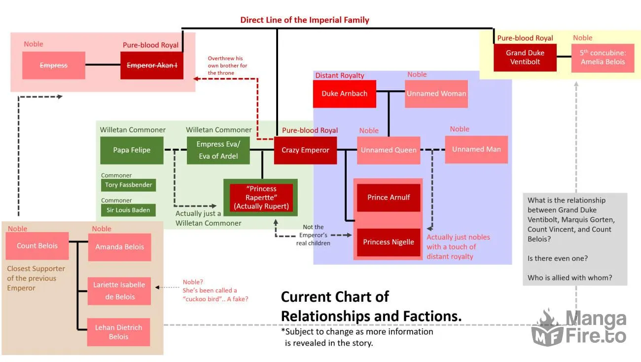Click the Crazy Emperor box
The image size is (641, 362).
[x=305, y=150]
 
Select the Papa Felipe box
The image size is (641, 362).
[x=132, y=150]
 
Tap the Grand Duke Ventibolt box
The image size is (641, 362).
[x=525, y=57]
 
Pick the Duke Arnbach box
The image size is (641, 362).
[x=345, y=94]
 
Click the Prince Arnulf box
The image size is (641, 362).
[x=389, y=198]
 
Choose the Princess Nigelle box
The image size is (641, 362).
[x=389, y=242]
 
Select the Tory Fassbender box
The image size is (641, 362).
[x=129, y=185]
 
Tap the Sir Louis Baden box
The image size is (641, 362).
[x=129, y=210]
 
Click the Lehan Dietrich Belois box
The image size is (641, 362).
[x=118, y=332]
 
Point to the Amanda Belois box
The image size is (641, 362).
[x=120, y=247]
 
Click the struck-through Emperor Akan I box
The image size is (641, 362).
[x=152, y=65]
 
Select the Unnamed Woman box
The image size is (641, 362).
[x=436, y=94]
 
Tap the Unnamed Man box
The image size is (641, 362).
[x=476, y=150]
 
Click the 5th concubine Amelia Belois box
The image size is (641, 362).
[x=603, y=58]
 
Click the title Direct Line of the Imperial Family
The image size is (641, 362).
[x=305, y=20]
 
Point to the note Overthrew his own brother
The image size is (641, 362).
[x=227, y=66]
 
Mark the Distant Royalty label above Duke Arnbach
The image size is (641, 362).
[x=340, y=76]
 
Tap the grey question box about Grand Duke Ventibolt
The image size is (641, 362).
[x=575, y=239]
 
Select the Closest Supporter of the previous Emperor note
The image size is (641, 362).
[x=36, y=279]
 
